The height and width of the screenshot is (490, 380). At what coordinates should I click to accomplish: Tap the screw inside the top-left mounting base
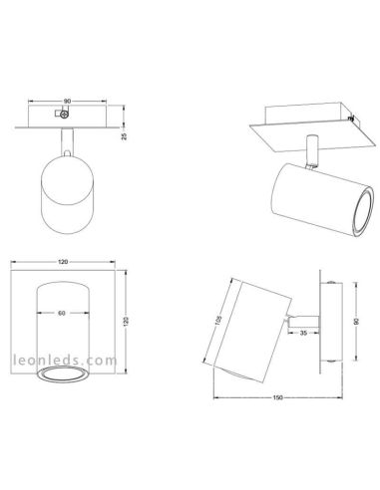pyautogui.click(x=66, y=117)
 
